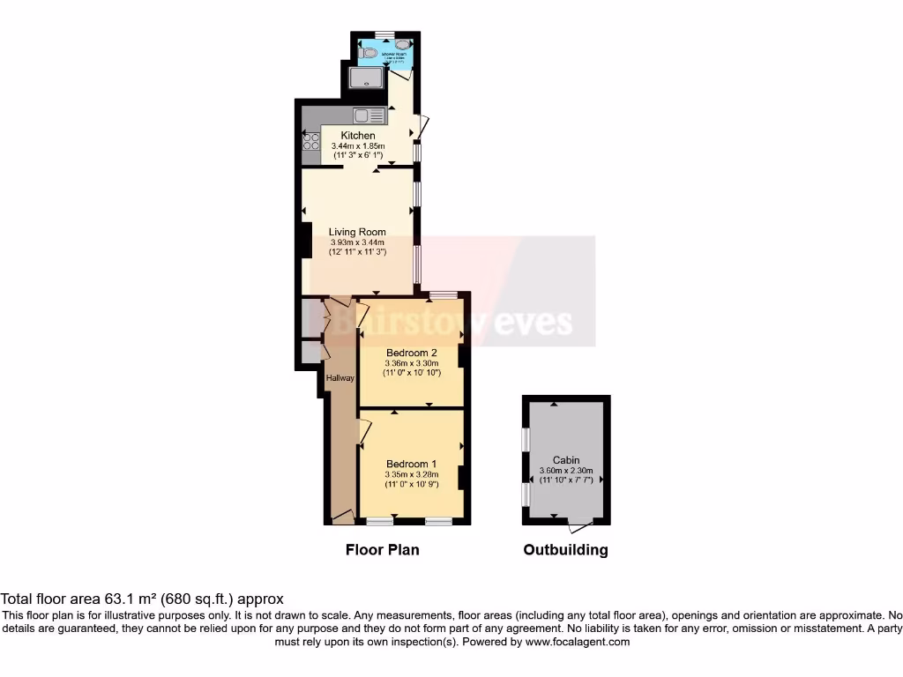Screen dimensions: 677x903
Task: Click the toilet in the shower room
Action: click(x=369, y=53)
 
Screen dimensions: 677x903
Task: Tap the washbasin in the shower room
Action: click(x=402, y=44)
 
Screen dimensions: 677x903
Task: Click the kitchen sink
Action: click(x=369, y=115)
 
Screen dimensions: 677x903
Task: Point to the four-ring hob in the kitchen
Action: click(x=311, y=141)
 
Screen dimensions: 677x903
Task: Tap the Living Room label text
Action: click(x=358, y=232)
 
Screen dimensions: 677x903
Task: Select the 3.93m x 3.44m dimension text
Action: click(x=358, y=242)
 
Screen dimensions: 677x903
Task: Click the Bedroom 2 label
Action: click(x=411, y=352)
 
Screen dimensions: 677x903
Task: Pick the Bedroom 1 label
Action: click(x=411, y=464)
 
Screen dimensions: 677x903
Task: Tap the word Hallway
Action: click(x=340, y=378)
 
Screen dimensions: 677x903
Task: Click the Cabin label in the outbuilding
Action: click(x=566, y=460)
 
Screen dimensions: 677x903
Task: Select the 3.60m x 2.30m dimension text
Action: click(x=566, y=471)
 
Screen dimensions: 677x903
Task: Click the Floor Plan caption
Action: click(x=382, y=550)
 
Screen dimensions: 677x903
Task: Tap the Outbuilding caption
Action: click(x=565, y=550)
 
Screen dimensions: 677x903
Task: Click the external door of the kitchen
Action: click(x=422, y=129)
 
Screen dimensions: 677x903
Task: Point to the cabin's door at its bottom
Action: click(x=580, y=525)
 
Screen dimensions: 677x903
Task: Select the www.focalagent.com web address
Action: click(x=577, y=643)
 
